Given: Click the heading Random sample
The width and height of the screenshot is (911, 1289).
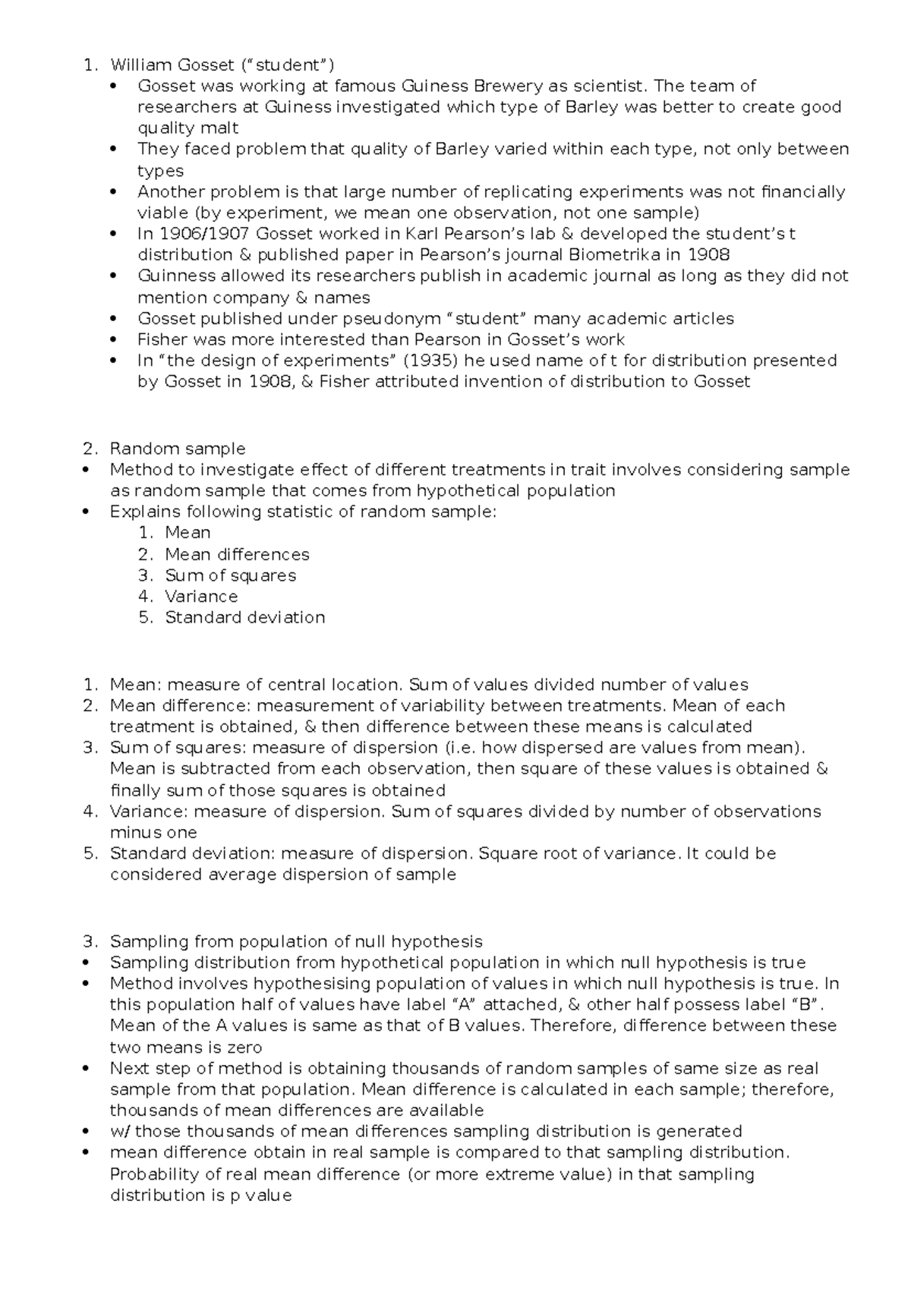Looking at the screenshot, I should [178, 449].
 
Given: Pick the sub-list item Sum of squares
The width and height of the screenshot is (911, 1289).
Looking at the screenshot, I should [230, 575].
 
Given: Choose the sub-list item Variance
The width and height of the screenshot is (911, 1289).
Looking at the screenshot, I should [201, 597].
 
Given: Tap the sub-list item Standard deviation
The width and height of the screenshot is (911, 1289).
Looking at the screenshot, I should [244, 617].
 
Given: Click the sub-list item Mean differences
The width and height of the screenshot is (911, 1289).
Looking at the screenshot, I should [237, 554].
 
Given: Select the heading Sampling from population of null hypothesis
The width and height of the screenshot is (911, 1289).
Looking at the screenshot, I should [296, 942].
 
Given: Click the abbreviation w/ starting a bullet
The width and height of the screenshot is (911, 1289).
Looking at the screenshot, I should [120, 1132].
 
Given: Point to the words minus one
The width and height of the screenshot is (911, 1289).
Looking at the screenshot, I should [153, 833].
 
